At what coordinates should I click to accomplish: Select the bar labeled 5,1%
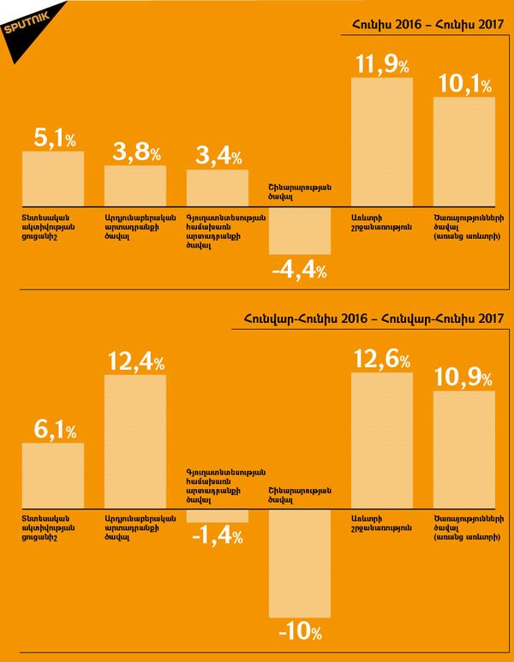tap(52, 177)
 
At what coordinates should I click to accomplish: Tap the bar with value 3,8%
tap(135, 185)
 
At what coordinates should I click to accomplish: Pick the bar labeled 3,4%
tap(218, 187)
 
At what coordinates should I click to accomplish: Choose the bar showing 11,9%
tap(382, 141)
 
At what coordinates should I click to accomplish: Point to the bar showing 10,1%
tap(464, 151)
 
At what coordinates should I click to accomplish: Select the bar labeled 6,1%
tap(52, 475)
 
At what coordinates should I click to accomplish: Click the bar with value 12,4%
tap(135, 441)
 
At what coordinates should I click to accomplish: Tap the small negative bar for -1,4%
tap(218, 516)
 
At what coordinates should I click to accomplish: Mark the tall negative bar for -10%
tap(300, 565)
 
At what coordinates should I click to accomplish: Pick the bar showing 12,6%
tap(382, 440)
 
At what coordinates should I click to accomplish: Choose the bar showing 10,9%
tap(464, 450)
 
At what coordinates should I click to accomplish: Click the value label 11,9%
tap(382, 64)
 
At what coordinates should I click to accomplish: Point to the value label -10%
tap(300, 634)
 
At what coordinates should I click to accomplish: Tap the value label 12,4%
tap(135, 361)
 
